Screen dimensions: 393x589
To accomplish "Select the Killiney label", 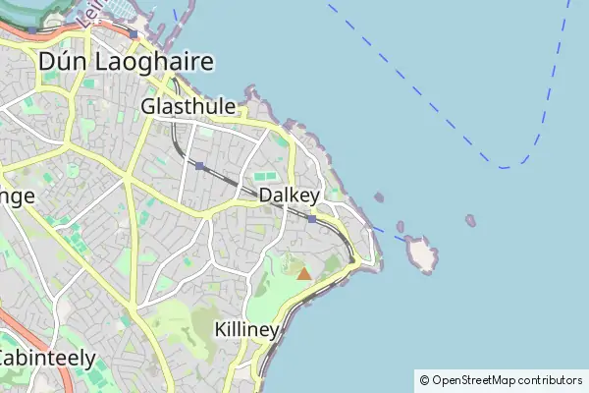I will [245, 329].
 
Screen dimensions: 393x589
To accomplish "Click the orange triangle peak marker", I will [303, 274].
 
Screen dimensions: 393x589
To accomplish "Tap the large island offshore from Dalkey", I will [423, 253].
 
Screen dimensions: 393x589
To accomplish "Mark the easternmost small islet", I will [470, 221].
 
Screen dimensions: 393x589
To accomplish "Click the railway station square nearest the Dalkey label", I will [312, 219].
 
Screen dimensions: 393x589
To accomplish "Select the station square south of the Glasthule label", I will [199, 166].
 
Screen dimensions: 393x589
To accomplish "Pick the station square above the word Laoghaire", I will [133, 33].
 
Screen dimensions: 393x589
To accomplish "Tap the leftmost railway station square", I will [32, 29].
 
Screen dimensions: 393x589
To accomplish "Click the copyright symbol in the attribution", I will [424, 380].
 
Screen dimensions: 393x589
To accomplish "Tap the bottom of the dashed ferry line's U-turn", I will [505, 168].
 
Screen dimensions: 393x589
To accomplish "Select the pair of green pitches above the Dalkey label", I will [265, 177].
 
